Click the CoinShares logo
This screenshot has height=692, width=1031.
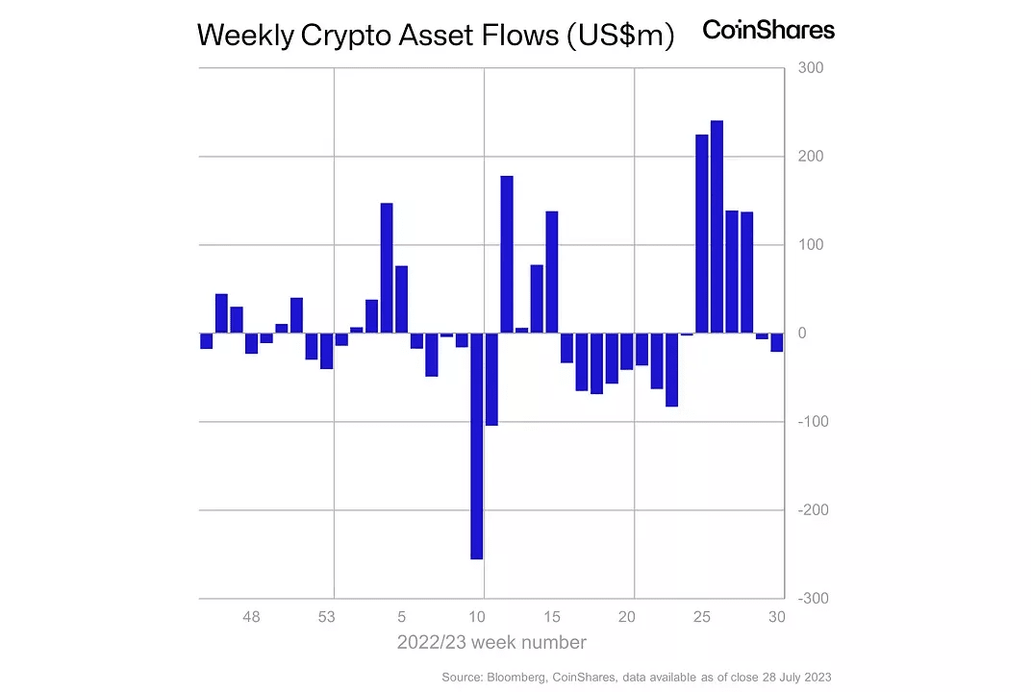point(768,30)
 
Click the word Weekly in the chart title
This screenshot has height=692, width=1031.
point(244,36)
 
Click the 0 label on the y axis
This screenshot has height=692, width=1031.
point(802,334)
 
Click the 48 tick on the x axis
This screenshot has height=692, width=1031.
point(251,617)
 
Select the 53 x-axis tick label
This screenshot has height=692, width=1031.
point(326,617)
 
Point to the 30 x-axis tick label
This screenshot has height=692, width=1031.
point(776,617)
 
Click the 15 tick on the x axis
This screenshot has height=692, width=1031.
point(552,617)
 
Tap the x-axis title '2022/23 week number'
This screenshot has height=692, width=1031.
point(491,642)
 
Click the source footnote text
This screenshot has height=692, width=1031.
point(637,678)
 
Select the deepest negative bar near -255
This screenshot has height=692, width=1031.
point(476,446)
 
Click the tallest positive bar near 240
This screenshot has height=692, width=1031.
point(717,227)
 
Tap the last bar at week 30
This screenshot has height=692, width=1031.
point(776,342)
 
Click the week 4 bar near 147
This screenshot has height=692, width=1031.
point(387,268)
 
